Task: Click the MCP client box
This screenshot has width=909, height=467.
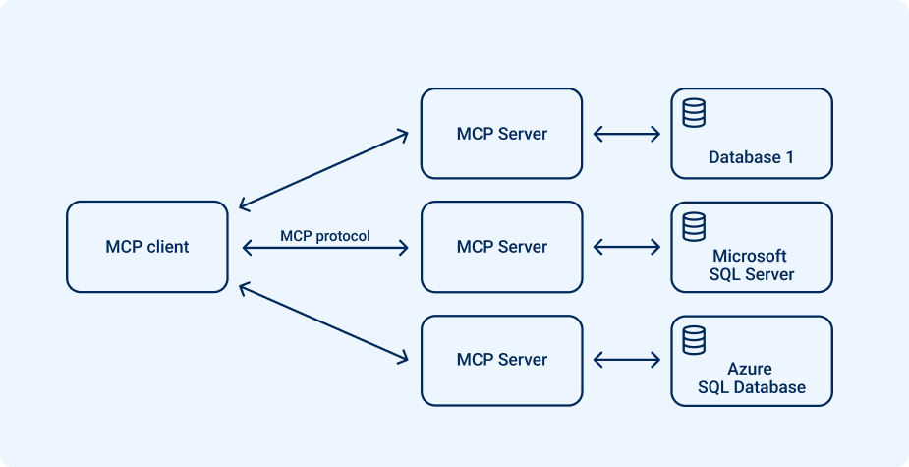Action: [147, 247]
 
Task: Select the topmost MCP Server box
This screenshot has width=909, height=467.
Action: [501, 134]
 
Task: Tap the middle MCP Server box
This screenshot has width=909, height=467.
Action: [501, 247]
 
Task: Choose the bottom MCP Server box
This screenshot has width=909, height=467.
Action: [501, 360]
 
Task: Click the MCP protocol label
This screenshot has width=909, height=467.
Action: [325, 236]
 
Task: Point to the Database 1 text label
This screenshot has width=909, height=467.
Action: [751, 157]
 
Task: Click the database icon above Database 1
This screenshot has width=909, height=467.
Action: [694, 112]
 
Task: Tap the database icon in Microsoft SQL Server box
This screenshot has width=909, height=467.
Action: [694, 226]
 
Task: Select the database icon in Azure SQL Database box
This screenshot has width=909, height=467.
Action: [694, 339]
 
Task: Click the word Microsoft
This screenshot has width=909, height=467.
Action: [751, 256]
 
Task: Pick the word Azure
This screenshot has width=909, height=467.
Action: [751, 369]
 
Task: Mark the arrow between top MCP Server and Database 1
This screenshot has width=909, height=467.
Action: [627, 134]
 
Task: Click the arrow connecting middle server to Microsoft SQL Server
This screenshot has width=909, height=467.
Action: [627, 247]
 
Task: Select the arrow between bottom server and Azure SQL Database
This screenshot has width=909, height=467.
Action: [627, 360]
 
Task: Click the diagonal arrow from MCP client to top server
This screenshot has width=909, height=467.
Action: [323, 170]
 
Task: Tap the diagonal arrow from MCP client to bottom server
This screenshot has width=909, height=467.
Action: [323, 323]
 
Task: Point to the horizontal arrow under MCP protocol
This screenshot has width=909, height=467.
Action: [324, 250]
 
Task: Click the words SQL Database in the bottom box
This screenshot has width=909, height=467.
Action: [751, 387]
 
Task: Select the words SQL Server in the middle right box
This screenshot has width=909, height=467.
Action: [751, 274]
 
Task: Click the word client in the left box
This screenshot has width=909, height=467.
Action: [168, 247]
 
